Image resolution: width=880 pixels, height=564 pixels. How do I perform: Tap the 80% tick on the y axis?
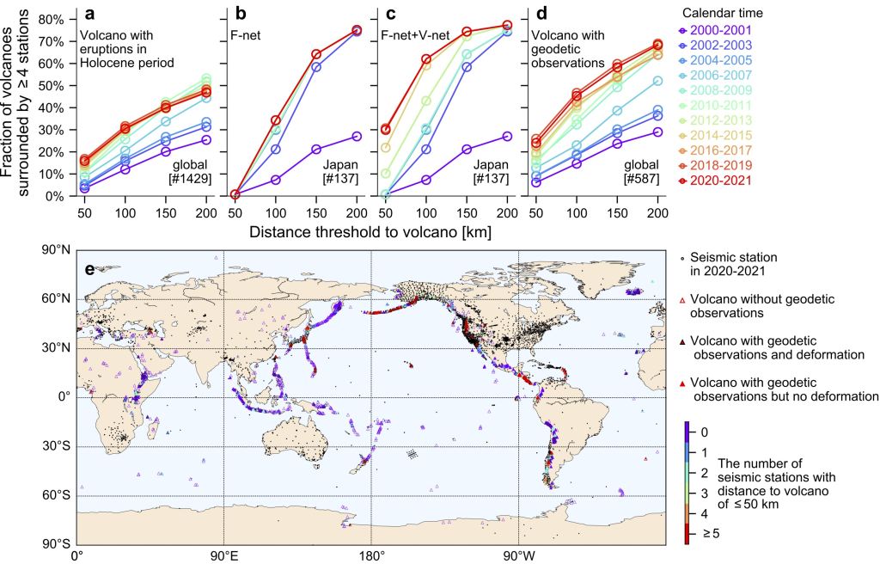click(x=53, y=20)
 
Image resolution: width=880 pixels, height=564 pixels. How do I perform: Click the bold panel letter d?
click(x=537, y=15)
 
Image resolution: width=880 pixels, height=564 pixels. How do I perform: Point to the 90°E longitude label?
click(x=223, y=555)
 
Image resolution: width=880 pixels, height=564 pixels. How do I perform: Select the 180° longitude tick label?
click(x=370, y=555)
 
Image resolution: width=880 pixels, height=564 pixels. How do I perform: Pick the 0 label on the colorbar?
click(x=703, y=432)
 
